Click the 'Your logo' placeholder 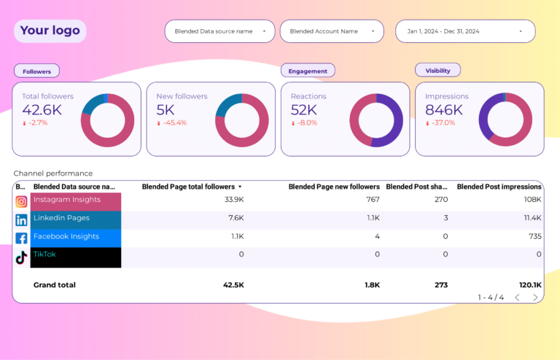pyautogui.click(x=50, y=31)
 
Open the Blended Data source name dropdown pyautogui.click(x=219, y=31)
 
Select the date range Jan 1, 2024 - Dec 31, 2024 pyautogui.click(x=464, y=31)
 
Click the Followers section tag pyautogui.click(x=36, y=71)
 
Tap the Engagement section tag pyautogui.click(x=308, y=71)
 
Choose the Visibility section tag pyautogui.click(x=437, y=71)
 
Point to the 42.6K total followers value pyautogui.click(x=42, y=110)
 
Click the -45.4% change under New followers pyautogui.click(x=174, y=123)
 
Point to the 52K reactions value pyautogui.click(x=303, y=110)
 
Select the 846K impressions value pyautogui.click(x=444, y=110)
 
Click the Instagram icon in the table pyautogui.click(x=21, y=201)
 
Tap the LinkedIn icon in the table pyautogui.click(x=21, y=219)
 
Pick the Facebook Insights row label pyautogui.click(x=66, y=237)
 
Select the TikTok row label pyautogui.click(x=45, y=254)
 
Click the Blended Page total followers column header pyautogui.click(x=188, y=187)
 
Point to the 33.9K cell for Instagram pyautogui.click(x=234, y=200)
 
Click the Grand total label pyautogui.click(x=54, y=285)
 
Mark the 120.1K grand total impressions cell pyautogui.click(x=529, y=285)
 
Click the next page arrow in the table pyautogui.click(x=535, y=297)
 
